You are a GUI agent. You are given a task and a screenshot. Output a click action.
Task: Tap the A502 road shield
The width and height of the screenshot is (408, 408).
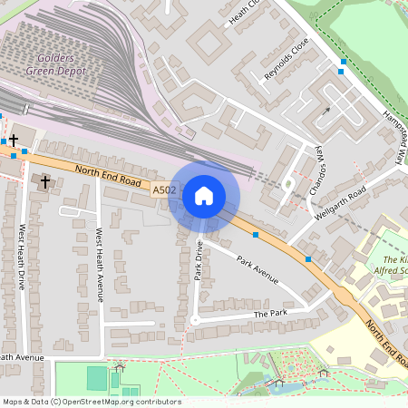coord(163,189)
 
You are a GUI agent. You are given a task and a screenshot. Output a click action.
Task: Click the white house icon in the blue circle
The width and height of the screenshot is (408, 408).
coord(204,195)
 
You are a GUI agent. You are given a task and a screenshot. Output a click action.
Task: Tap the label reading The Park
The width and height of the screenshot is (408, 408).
coord(270,313)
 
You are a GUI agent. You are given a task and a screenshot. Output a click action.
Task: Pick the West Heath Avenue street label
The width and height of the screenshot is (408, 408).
coord(100,263)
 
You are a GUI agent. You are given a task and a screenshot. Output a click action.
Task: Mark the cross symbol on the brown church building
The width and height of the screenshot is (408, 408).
coord(45,182)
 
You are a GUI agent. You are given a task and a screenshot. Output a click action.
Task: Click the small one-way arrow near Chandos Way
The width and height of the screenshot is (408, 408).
coord(325,113)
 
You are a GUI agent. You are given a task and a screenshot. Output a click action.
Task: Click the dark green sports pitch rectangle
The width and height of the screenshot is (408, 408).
coord(97,378)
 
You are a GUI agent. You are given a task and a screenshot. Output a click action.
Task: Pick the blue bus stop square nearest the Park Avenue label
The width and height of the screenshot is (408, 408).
coord(257,235)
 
